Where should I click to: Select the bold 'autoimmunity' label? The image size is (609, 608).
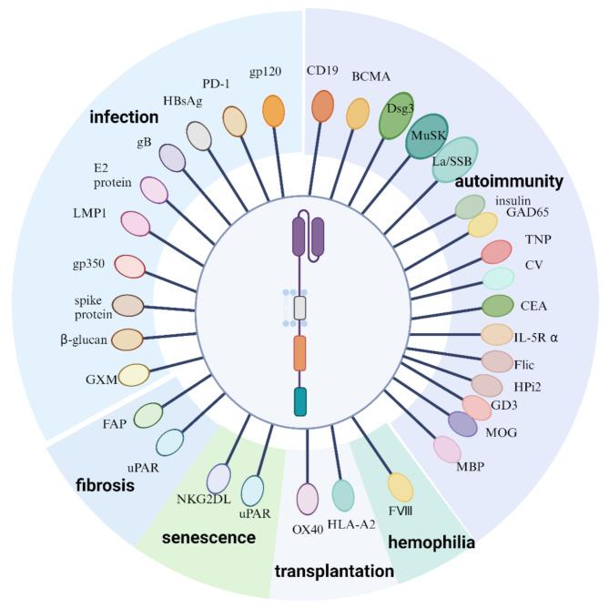click(x=511, y=181)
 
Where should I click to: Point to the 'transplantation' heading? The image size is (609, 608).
click(x=334, y=572)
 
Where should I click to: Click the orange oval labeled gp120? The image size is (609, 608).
click(x=273, y=111)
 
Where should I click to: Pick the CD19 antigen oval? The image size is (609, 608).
click(x=322, y=106)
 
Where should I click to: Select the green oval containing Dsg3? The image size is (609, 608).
click(x=396, y=115)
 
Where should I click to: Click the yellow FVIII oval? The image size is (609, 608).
click(x=401, y=487)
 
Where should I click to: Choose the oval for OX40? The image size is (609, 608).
click(x=309, y=500)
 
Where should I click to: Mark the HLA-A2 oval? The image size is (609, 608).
click(x=343, y=494)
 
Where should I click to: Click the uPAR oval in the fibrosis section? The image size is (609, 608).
click(x=169, y=441)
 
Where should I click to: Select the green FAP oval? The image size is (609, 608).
click(x=147, y=415)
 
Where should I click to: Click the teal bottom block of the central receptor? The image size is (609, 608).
click(x=300, y=400)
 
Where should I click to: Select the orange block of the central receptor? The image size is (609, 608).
click(x=300, y=352)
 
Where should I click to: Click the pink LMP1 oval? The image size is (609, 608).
click(x=136, y=223)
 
